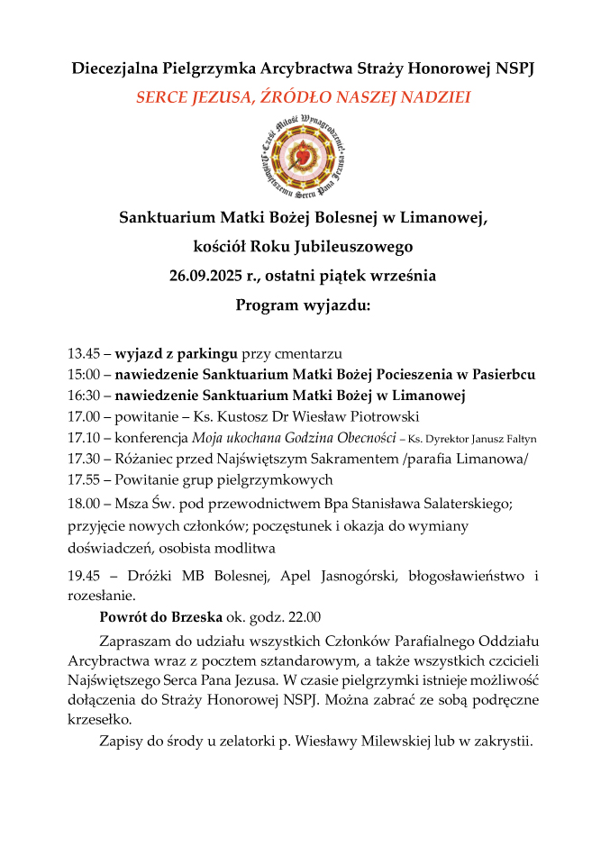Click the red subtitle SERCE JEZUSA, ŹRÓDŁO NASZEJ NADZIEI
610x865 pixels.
point(304,97)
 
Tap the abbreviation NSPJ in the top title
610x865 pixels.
point(514,68)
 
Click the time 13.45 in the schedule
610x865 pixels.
point(83,353)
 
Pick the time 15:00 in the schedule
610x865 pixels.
point(83,374)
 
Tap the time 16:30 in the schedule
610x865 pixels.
point(83,396)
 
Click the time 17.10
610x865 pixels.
point(83,438)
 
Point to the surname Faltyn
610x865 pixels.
point(517,439)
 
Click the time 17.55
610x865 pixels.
point(83,479)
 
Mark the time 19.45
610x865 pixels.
point(84,575)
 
